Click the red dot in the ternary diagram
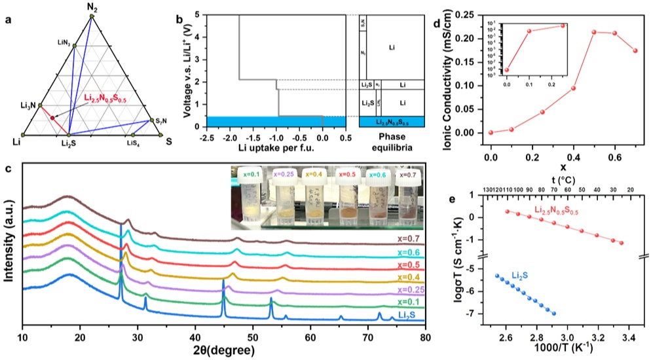pyautogui.click(x=52, y=118)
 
